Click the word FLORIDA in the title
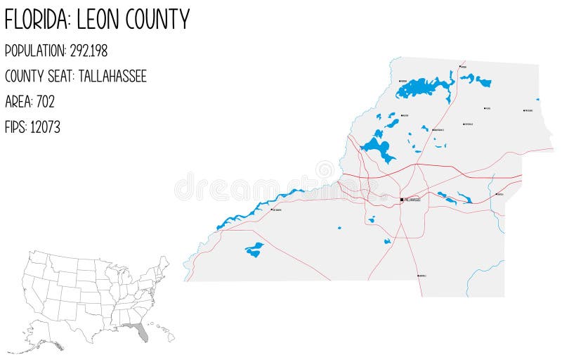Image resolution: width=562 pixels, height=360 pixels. [36, 20]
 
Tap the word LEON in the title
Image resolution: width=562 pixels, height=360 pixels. [98, 20]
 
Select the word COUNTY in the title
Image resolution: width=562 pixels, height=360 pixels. [158, 20]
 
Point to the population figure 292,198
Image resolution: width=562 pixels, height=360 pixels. [89, 51]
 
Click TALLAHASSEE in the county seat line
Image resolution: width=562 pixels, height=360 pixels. [112, 77]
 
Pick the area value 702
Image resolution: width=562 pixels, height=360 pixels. [45, 102]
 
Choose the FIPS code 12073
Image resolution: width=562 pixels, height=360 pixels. [45, 127]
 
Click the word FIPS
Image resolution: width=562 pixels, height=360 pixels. [15, 127]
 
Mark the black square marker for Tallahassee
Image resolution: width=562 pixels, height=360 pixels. [402, 200]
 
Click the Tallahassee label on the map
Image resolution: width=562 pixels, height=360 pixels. [412, 200]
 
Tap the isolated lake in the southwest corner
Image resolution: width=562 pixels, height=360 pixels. [254, 249]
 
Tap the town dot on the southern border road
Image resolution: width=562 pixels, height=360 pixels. [418, 276]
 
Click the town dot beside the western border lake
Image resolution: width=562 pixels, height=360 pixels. [270, 210]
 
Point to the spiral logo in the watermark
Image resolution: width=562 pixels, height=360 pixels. [325, 170]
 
